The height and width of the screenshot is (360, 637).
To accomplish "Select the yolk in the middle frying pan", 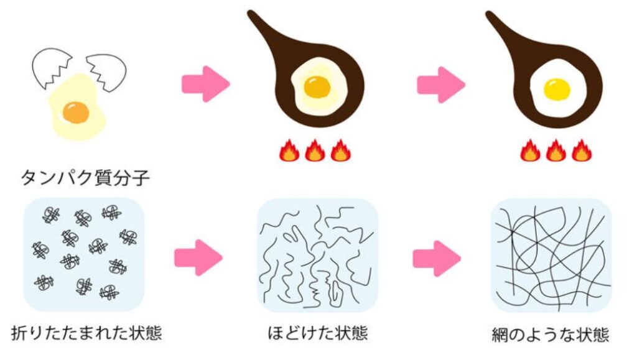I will tap(318, 86).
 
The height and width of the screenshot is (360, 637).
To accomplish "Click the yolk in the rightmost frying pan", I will tap(557, 90).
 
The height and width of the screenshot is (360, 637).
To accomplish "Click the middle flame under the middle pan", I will tap(315, 150).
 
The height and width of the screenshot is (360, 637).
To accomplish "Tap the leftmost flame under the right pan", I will tap(529, 150).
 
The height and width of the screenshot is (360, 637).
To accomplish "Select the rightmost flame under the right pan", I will tap(582, 150).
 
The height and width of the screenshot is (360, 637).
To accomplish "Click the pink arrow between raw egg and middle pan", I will tap(206, 84).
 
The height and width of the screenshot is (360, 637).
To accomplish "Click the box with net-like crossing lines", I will tap(551, 256).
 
